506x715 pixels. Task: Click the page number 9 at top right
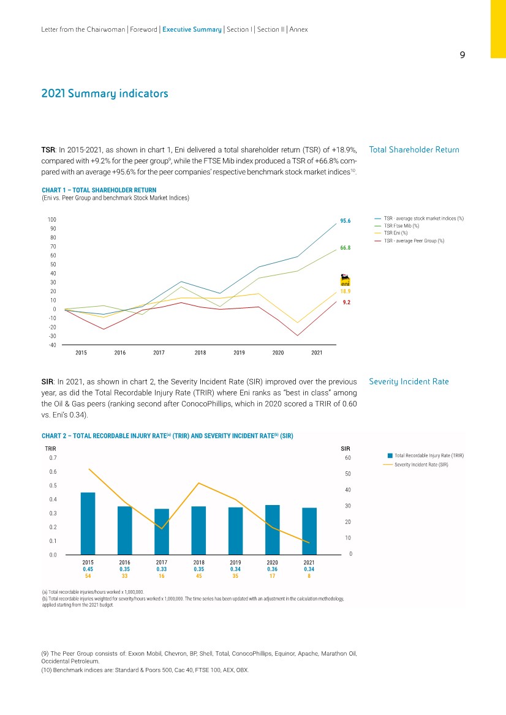click(x=463, y=54)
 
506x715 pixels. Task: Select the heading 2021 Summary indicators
click(x=104, y=94)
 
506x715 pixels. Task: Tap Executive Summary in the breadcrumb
click(x=192, y=29)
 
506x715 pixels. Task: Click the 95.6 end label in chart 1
click(x=344, y=221)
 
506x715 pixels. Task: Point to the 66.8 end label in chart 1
click(x=344, y=248)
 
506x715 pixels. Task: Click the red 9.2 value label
click(x=346, y=302)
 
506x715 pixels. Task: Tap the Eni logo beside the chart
click(x=345, y=280)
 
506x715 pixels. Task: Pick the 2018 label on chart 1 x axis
click(x=200, y=353)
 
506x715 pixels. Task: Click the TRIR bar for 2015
click(x=88, y=523)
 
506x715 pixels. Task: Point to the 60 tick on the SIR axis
click(x=349, y=458)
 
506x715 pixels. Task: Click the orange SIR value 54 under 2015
click(x=88, y=575)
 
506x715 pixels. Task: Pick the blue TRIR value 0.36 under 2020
click(x=272, y=569)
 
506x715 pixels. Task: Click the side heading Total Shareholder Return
click(x=413, y=150)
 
